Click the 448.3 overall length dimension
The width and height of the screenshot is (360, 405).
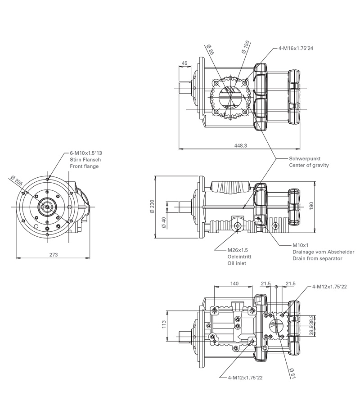tap(241, 145)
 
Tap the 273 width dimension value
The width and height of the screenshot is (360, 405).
tap(53, 255)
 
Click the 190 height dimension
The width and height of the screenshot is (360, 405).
tap(318, 204)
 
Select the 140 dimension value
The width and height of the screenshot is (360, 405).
tap(234, 283)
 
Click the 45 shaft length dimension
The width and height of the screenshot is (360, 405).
tap(185, 63)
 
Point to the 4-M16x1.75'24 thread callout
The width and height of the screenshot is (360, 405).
tap(296, 49)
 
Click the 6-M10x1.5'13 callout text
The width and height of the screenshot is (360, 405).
tap(85, 153)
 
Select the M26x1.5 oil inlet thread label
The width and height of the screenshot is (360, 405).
tap(238, 250)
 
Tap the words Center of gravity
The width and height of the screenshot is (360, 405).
tap(309, 165)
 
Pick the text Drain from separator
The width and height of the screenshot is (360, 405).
tap(317, 258)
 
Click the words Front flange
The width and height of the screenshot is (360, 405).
tap(84, 166)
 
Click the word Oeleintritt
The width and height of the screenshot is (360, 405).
tap(239, 256)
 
